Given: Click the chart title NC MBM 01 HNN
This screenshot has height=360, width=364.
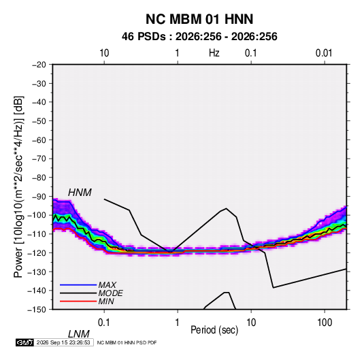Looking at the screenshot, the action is pyautogui.click(x=199, y=19).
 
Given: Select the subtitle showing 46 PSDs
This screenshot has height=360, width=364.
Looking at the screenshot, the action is pyautogui.click(x=199, y=37).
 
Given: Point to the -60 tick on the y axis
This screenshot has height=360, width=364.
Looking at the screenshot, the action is pyautogui.click(x=39, y=140).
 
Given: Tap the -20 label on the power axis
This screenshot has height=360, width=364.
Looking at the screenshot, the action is pyautogui.click(x=39, y=65).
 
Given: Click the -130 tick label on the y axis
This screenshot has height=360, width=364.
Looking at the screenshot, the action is pyautogui.click(x=37, y=272).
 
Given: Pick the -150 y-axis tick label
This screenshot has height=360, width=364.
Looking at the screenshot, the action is pyautogui.click(x=37, y=310).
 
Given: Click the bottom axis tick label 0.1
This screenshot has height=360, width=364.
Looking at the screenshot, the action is pyautogui.click(x=104, y=323).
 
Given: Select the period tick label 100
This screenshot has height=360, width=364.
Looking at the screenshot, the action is pyautogui.click(x=325, y=323).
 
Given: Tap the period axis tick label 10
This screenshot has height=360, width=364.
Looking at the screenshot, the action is pyautogui.click(x=251, y=323).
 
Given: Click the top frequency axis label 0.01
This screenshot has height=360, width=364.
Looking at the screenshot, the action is pyautogui.click(x=324, y=53).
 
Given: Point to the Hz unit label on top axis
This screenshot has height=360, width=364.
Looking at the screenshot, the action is pyautogui.click(x=214, y=53).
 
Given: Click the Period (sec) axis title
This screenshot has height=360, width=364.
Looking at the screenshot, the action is pyautogui.click(x=214, y=330).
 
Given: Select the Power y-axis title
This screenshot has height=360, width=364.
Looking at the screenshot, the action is pyautogui.click(x=18, y=187).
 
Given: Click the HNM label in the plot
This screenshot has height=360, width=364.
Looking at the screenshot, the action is pyautogui.click(x=80, y=193).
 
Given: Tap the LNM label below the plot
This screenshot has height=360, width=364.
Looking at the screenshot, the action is pyautogui.click(x=78, y=334).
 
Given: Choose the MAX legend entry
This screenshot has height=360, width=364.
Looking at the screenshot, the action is pyautogui.click(x=107, y=285).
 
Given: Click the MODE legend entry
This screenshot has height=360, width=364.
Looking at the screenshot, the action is pyautogui.click(x=110, y=293).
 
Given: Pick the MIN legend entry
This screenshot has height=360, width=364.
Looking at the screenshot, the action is pyautogui.click(x=106, y=301).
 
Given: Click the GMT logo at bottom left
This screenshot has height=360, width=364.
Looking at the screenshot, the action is pyautogui.click(x=25, y=342).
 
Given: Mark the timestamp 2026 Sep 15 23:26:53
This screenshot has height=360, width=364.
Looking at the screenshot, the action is pyautogui.click(x=63, y=342).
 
